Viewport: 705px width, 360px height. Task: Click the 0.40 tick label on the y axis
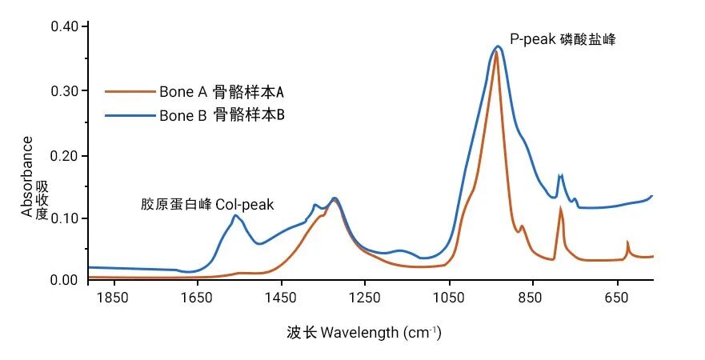pyautogui.click(x=65, y=26)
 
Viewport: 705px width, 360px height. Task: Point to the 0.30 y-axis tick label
pyautogui.click(x=65, y=90)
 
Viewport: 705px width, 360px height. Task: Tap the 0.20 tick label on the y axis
pyautogui.click(x=65, y=154)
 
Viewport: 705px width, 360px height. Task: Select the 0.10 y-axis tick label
pyautogui.click(x=65, y=218)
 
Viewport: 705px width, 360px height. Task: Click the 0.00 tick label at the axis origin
pyautogui.click(x=65, y=280)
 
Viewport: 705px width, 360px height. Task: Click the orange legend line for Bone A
pyautogui.click(x=130, y=91)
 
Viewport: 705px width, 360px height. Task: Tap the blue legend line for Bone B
pyautogui.click(x=130, y=116)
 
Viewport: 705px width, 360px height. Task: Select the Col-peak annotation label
pyautogui.click(x=207, y=205)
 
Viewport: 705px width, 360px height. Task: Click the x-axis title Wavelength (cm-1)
pyautogui.click(x=363, y=332)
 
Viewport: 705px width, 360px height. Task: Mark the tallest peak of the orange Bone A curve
pyautogui.click(x=496, y=53)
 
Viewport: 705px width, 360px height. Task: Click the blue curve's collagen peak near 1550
pyautogui.click(x=235, y=215)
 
